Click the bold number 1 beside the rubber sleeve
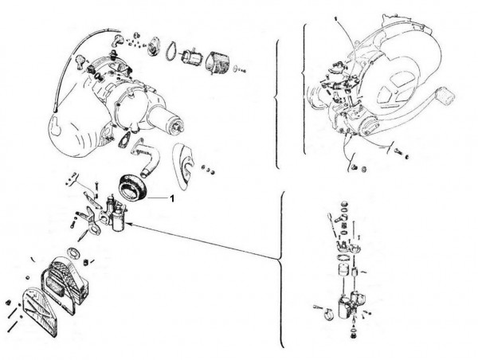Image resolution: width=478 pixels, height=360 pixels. [172, 198]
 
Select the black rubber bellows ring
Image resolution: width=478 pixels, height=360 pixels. [133, 187]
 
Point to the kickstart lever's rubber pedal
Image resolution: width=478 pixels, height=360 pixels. [445, 95]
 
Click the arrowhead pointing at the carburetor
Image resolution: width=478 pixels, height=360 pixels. [128, 225]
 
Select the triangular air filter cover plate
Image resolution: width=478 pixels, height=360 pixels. [40, 313]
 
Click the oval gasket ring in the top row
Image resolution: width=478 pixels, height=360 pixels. [171, 51]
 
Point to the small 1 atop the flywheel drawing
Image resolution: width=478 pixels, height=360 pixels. [335, 18]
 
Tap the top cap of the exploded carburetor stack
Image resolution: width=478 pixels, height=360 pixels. [345, 203]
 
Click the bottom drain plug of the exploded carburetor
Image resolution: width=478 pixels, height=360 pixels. [354, 335]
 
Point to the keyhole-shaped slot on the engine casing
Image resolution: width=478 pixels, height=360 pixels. [56, 124]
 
